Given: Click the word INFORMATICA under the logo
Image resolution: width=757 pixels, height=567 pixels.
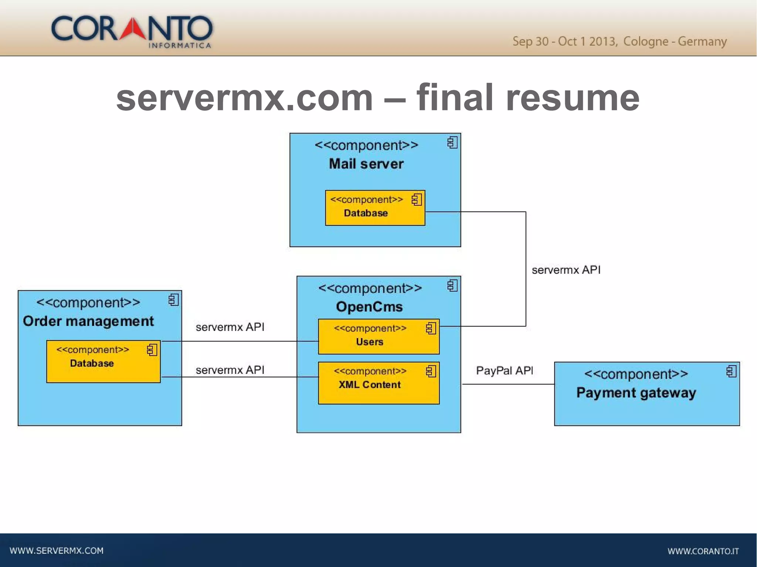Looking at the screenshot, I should pyautogui.click(x=180, y=45).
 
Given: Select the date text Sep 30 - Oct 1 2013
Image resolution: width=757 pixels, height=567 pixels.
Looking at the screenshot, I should pyautogui.click(x=564, y=41).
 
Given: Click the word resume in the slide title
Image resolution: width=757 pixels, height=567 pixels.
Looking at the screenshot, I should pyautogui.click(x=572, y=98).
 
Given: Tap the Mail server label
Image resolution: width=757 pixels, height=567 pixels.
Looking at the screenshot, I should pyautogui.click(x=366, y=164).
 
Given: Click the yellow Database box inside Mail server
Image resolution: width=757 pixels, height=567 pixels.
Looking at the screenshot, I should pyautogui.click(x=375, y=208).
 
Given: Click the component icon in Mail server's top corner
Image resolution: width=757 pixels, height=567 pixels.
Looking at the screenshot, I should pyautogui.click(x=452, y=143).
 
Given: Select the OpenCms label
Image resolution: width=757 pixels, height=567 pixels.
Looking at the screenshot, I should pyautogui.click(x=369, y=307).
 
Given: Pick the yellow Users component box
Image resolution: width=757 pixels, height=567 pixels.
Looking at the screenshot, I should pyautogui.click(x=378, y=337).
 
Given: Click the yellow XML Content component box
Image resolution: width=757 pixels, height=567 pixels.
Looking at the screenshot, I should pyautogui.click(x=378, y=383).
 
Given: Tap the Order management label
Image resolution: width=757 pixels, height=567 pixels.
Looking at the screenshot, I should pyautogui.click(x=88, y=321).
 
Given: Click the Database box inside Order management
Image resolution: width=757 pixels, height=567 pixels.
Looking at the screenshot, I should pyautogui.click(x=103, y=362).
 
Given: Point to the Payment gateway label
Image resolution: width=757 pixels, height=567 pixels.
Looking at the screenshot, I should pyautogui.click(x=636, y=392).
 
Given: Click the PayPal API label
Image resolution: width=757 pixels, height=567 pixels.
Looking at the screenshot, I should pyautogui.click(x=504, y=370).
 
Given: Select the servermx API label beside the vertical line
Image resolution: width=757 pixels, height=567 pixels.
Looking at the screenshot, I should pyautogui.click(x=566, y=270).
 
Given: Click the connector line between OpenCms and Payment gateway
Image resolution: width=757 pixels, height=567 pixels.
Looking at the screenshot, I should pyautogui.click(x=508, y=384).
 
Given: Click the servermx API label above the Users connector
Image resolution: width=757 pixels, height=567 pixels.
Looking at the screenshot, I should pyautogui.click(x=230, y=327).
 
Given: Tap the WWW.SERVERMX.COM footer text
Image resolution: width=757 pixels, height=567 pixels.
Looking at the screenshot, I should pyautogui.click(x=57, y=550).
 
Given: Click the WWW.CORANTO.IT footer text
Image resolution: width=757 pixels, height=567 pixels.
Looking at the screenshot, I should pyautogui.click(x=703, y=551).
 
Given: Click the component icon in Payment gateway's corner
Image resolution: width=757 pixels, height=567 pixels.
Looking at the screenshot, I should pyautogui.click(x=731, y=372).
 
